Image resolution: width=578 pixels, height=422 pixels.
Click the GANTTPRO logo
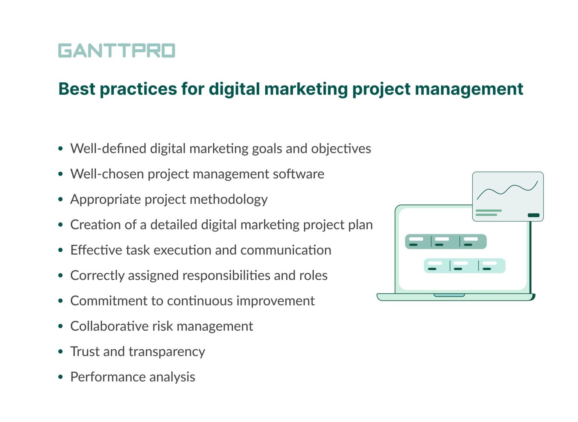pyautogui.click(x=117, y=51)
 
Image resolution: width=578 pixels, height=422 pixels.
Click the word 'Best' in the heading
pyautogui.click(x=77, y=89)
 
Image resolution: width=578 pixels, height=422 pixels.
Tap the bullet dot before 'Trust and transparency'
pyautogui.click(x=61, y=352)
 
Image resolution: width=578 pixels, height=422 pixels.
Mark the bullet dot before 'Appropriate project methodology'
pyautogui.click(x=61, y=200)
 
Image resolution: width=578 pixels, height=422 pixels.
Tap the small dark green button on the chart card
pyautogui.click(x=533, y=215)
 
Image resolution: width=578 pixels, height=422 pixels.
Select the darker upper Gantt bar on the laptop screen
pyautogui.click(x=446, y=242)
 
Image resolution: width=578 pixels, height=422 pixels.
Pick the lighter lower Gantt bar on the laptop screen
pyautogui.click(x=464, y=266)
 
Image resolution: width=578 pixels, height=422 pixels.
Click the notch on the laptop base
pyautogui.click(x=449, y=295)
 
